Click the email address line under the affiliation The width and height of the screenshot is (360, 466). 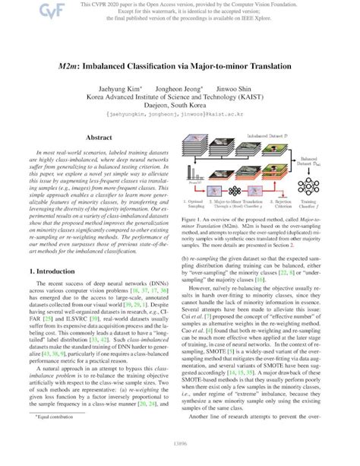[x=180, y=121]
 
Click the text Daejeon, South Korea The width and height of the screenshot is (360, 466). [x=179, y=109]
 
